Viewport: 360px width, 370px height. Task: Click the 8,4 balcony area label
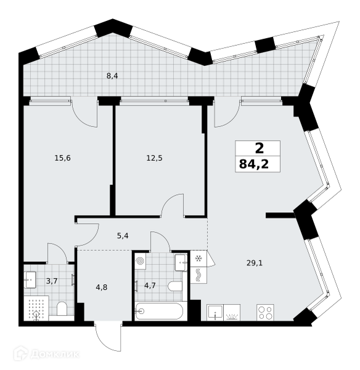point(112,76)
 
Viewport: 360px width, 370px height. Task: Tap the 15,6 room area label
point(62,158)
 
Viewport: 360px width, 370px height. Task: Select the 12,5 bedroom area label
point(154,158)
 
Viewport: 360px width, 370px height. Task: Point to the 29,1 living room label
point(255,263)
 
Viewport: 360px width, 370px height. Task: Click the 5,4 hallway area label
point(123,236)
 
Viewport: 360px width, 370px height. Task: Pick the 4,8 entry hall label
point(102,287)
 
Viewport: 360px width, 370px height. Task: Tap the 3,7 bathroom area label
point(52,281)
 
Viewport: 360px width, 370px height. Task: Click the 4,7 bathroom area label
point(150,286)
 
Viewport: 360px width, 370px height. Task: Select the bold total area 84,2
point(254,164)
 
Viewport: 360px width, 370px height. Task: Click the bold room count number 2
point(260,149)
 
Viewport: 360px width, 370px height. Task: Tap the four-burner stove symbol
point(265,312)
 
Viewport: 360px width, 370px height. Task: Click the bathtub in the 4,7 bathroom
point(159,311)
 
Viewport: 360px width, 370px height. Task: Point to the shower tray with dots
point(36,308)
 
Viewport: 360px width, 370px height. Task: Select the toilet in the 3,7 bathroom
point(62,309)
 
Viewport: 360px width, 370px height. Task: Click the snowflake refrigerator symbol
point(198,259)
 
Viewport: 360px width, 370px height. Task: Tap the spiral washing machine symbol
point(140,261)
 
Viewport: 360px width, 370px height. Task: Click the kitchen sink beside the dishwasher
point(215,312)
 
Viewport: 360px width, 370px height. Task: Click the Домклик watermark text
point(55,354)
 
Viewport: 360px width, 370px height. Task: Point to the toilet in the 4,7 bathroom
point(175,286)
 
